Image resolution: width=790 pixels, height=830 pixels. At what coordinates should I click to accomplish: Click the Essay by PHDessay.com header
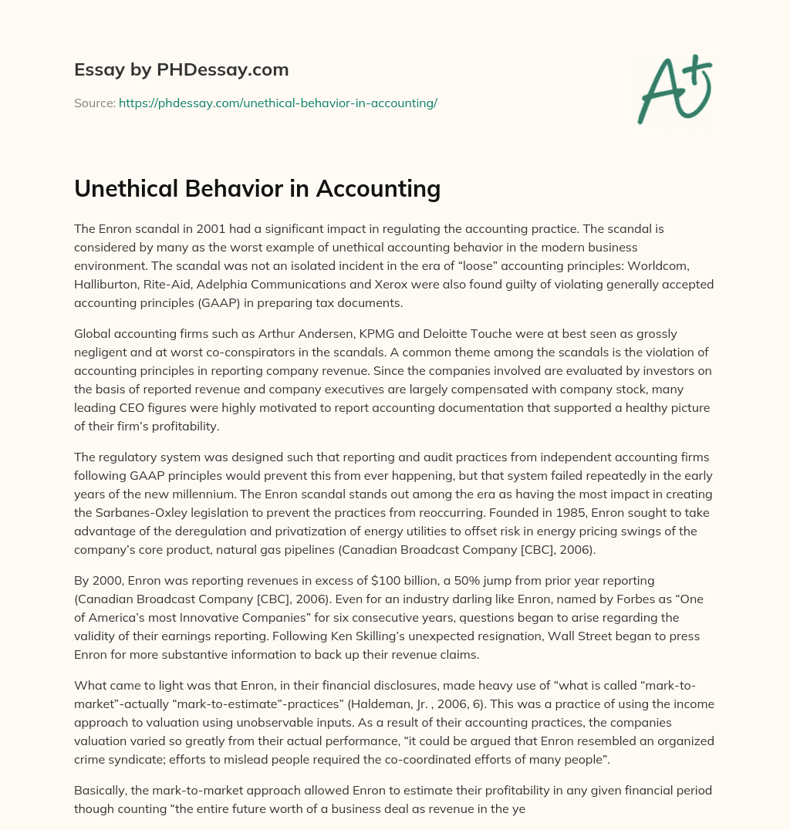[181, 70]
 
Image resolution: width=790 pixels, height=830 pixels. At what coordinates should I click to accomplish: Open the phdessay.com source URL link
[278, 103]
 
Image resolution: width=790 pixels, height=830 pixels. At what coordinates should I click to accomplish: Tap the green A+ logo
[674, 89]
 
